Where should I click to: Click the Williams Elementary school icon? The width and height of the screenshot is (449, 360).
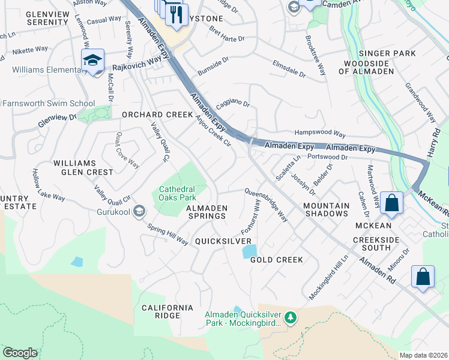(x=93, y=60)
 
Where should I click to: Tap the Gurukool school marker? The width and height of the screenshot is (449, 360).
(x=139, y=211)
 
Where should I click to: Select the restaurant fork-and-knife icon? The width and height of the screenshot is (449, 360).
(x=176, y=14)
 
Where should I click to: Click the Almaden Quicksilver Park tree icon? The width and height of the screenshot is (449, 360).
(x=291, y=316)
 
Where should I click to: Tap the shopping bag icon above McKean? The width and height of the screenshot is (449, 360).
(x=391, y=203)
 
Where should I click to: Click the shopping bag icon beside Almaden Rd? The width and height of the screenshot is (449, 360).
(x=423, y=277)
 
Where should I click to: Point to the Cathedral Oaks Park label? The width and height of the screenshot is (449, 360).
(x=177, y=193)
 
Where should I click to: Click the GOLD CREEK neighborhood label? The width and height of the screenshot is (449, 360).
(x=276, y=260)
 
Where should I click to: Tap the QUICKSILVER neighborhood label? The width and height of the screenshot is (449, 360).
(x=223, y=241)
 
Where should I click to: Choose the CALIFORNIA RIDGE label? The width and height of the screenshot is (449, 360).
(x=167, y=311)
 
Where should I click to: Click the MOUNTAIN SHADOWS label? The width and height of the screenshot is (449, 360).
(x=326, y=210)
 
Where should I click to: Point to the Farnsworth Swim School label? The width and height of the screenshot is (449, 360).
(x=47, y=103)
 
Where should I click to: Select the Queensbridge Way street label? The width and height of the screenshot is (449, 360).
(x=265, y=205)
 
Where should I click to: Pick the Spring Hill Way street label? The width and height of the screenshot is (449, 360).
(x=168, y=233)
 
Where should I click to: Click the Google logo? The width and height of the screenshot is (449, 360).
(x=20, y=353)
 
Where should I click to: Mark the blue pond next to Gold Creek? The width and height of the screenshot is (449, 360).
(x=249, y=251)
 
